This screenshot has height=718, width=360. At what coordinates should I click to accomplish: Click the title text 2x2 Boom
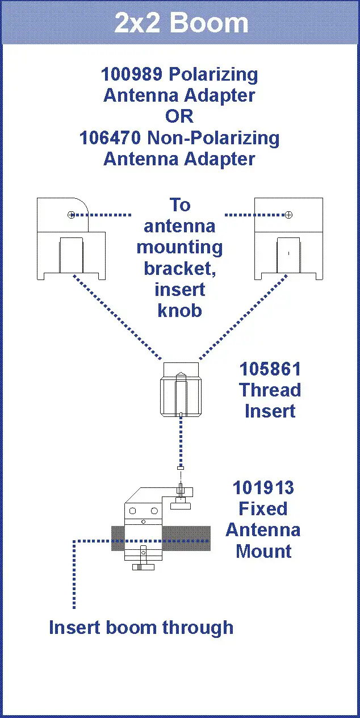[x=181, y=23]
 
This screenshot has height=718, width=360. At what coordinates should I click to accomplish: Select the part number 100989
[x=128, y=74]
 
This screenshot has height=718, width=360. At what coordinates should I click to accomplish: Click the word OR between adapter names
[x=179, y=116]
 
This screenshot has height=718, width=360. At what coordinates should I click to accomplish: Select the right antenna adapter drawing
[x=288, y=239]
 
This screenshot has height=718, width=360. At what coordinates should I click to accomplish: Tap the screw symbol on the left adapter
[x=71, y=215]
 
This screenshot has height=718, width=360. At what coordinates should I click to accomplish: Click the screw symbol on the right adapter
[x=288, y=215]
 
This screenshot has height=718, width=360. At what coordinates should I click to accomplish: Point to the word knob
[x=179, y=311]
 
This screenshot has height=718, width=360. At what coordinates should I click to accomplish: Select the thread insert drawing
[x=181, y=389]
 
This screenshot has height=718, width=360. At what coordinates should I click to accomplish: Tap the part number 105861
[x=270, y=369]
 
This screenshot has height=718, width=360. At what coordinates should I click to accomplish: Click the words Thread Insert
[x=270, y=400]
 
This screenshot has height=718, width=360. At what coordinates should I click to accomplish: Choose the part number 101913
[x=263, y=488]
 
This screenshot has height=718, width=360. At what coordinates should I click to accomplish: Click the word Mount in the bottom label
[x=263, y=551]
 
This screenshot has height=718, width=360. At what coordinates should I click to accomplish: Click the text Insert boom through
[x=141, y=628]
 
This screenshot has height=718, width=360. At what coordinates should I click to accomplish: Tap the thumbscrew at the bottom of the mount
[x=143, y=566]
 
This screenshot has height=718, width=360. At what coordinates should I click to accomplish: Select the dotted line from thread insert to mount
[x=181, y=443]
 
